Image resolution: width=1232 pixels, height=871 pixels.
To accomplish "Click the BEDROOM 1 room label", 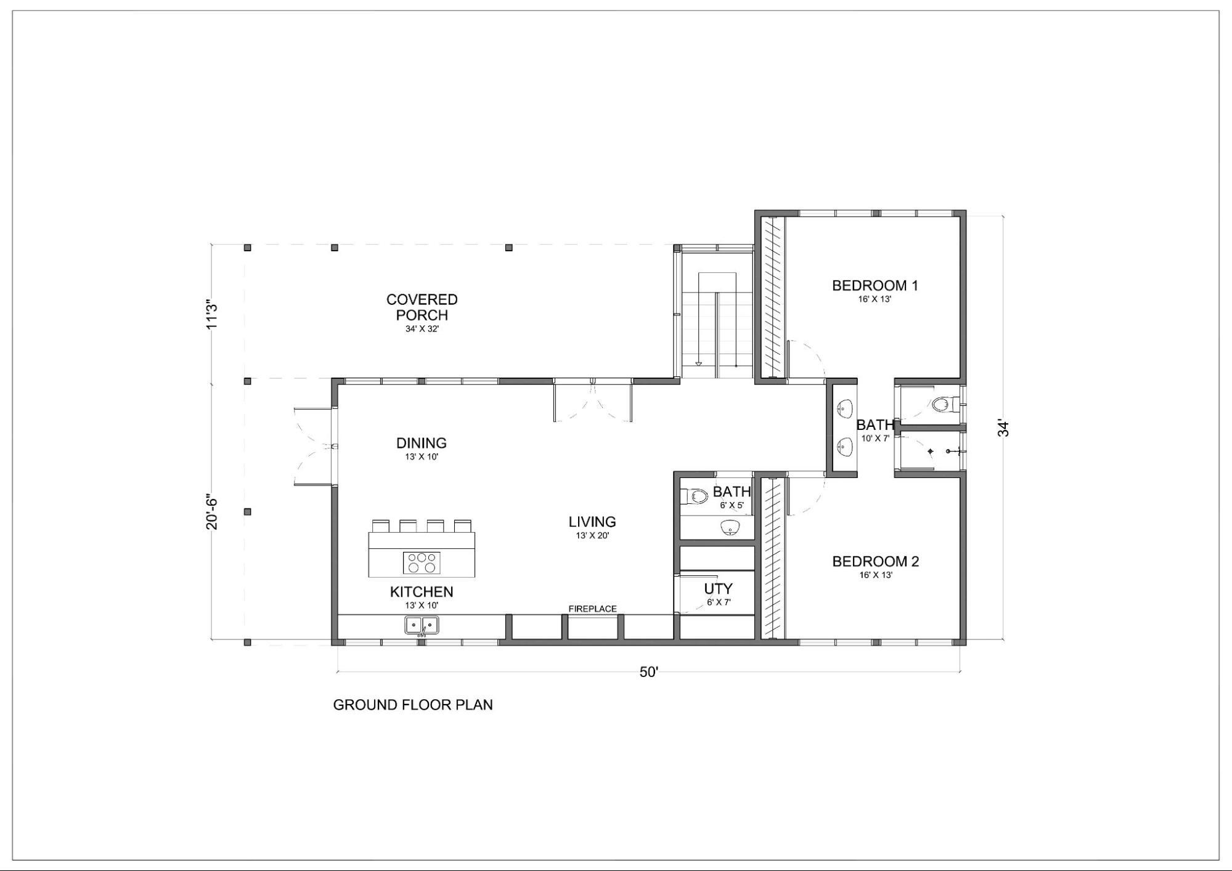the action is click(x=875, y=285).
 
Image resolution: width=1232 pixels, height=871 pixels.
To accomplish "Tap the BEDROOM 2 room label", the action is click(x=875, y=561).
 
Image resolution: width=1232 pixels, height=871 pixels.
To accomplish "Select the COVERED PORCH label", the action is click(x=422, y=307).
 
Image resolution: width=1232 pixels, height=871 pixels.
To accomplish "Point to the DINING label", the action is click(x=422, y=443).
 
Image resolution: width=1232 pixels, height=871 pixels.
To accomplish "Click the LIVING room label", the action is click(x=592, y=522).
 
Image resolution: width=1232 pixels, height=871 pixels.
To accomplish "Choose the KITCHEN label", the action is click(x=422, y=592).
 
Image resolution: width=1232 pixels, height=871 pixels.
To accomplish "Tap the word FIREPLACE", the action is click(x=592, y=609).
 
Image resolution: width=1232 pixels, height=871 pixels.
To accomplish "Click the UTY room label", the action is click(x=718, y=589).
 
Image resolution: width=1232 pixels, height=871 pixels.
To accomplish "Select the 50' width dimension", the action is click(x=649, y=672).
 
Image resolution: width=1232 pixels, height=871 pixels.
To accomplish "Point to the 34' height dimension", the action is click(x=1004, y=429).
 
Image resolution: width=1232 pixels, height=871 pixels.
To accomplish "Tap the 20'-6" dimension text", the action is click(x=213, y=511).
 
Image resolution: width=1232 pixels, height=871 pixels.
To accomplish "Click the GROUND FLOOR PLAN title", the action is click(x=413, y=705).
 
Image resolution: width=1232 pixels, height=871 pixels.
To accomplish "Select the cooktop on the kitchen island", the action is click(x=422, y=562).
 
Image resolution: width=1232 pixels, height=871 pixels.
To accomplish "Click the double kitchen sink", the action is click(x=422, y=625).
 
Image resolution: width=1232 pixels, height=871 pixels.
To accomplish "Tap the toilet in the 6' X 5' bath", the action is click(x=695, y=496).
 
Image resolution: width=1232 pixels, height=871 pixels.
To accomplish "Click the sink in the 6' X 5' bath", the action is click(x=730, y=528).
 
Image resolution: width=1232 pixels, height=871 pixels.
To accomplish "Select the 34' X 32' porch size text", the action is click(x=422, y=329).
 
